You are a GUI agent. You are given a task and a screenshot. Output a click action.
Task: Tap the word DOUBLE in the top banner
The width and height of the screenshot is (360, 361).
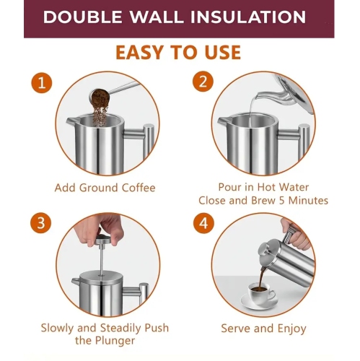(82, 17)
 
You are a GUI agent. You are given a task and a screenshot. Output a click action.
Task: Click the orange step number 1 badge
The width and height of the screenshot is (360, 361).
(42, 83)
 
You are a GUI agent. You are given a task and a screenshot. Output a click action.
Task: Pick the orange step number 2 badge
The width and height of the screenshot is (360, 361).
(203, 82)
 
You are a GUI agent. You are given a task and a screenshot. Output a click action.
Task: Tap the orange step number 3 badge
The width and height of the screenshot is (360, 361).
(41, 223)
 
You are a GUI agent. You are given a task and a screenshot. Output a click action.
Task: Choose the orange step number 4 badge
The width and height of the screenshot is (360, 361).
(203, 223)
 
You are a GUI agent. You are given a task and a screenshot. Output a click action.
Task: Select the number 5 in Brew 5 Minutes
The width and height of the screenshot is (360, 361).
(282, 201)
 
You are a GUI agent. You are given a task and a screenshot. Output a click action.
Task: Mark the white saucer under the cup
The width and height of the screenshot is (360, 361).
(259, 302)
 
